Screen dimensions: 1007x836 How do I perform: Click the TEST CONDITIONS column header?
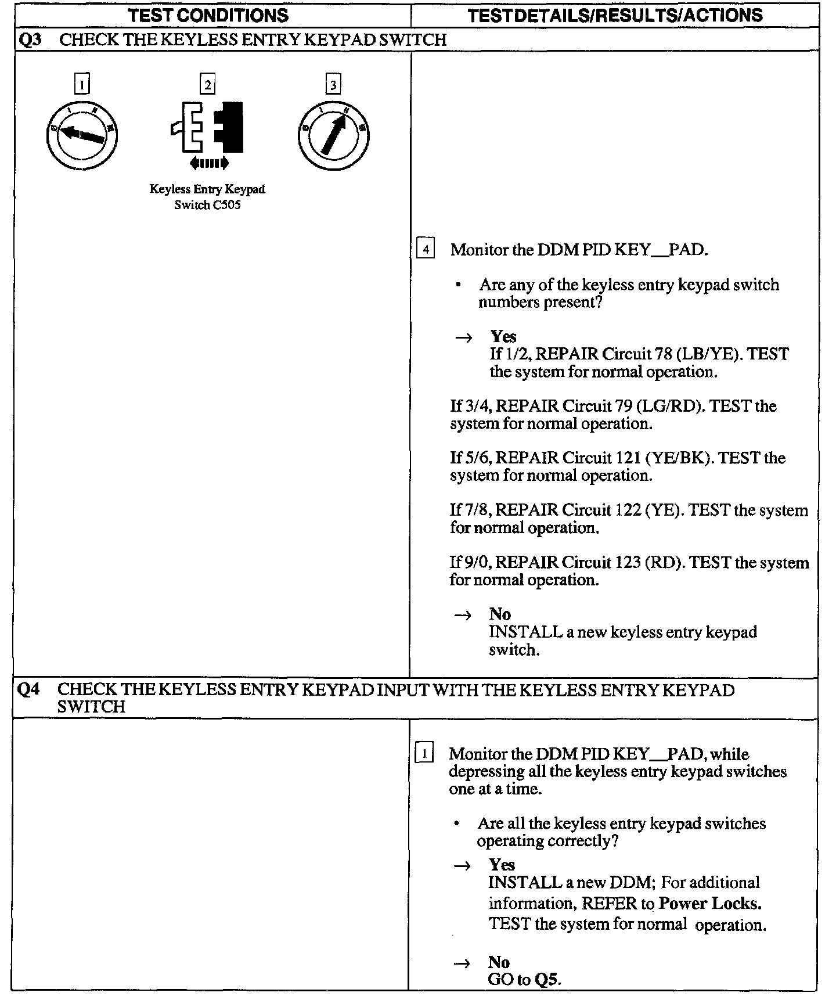[208, 15]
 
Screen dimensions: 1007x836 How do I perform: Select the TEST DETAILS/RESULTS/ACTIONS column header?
[615, 15]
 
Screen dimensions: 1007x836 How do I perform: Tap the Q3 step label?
[29, 39]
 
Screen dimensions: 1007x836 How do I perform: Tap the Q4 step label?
[29, 690]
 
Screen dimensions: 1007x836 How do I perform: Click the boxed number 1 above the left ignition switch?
[82, 85]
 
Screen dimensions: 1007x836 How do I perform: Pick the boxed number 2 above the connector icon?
[207, 85]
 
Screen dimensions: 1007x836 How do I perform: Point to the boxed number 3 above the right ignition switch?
[333, 85]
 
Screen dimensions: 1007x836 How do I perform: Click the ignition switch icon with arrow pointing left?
[82, 135]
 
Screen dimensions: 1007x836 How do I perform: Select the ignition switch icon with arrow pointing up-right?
[334, 135]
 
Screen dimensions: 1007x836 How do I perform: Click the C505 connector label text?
[207, 197]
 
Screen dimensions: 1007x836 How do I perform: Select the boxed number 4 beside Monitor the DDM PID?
[426, 250]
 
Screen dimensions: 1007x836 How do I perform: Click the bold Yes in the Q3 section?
[503, 336]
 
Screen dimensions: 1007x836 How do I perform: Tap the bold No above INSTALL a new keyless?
[500, 614]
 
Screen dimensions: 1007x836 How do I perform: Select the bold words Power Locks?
[710, 903]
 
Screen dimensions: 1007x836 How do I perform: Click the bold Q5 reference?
[547, 980]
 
